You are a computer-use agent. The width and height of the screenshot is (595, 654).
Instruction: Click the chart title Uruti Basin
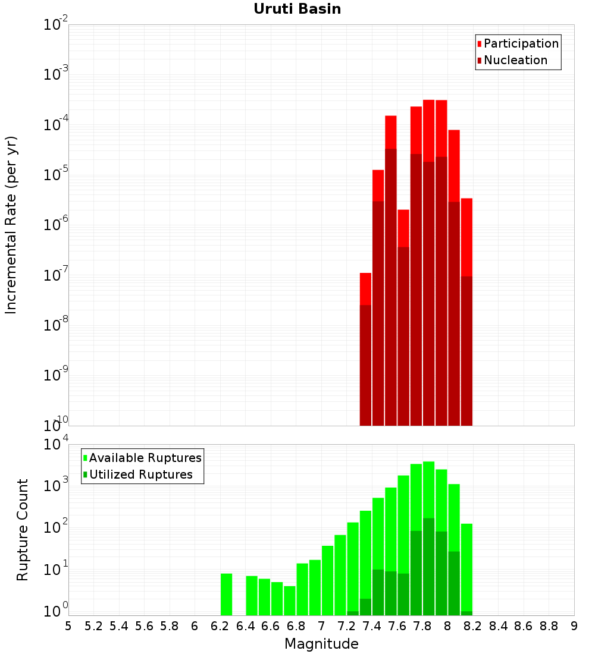pyautogui.click(x=297, y=9)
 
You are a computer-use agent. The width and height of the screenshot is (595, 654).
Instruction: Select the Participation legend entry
pyautogui.click(x=518, y=43)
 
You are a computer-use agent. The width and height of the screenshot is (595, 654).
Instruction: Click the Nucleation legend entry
pyautogui.click(x=512, y=60)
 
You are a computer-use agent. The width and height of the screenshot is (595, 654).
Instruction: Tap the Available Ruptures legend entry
pyautogui.click(x=142, y=458)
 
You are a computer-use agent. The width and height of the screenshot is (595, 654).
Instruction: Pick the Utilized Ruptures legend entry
pyautogui.click(x=138, y=474)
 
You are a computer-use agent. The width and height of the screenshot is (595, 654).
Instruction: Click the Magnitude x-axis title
pyautogui.click(x=321, y=643)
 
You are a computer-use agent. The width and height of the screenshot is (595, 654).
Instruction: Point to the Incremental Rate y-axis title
pyautogui.click(x=11, y=225)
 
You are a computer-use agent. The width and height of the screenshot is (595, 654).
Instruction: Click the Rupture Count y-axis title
pyautogui.click(x=22, y=530)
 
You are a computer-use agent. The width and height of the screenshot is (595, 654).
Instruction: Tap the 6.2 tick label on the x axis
pyautogui.click(x=220, y=626)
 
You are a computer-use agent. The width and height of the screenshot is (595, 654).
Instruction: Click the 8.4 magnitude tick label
pyautogui.click(x=498, y=626)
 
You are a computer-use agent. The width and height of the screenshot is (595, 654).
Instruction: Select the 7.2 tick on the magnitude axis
pyautogui.click(x=346, y=626)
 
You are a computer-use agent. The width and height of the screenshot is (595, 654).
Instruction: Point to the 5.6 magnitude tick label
pyautogui.click(x=144, y=626)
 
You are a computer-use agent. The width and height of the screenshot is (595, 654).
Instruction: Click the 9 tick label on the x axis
pyautogui.click(x=574, y=626)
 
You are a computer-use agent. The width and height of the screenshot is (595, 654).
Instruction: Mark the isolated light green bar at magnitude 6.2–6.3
pyautogui.click(x=226, y=595)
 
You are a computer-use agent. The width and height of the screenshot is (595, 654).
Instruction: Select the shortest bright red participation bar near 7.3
pyautogui.click(x=365, y=288)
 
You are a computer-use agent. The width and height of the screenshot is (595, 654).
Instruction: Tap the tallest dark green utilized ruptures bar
pyautogui.click(x=429, y=567)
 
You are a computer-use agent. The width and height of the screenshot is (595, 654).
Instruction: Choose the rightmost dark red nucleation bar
pyautogui.click(x=467, y=351)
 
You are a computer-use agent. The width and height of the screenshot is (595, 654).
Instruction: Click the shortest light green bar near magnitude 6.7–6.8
pyautogui.click(x=290, y=600)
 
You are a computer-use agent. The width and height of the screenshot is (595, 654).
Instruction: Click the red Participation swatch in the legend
pyautogui.click(x=480, y=44)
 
